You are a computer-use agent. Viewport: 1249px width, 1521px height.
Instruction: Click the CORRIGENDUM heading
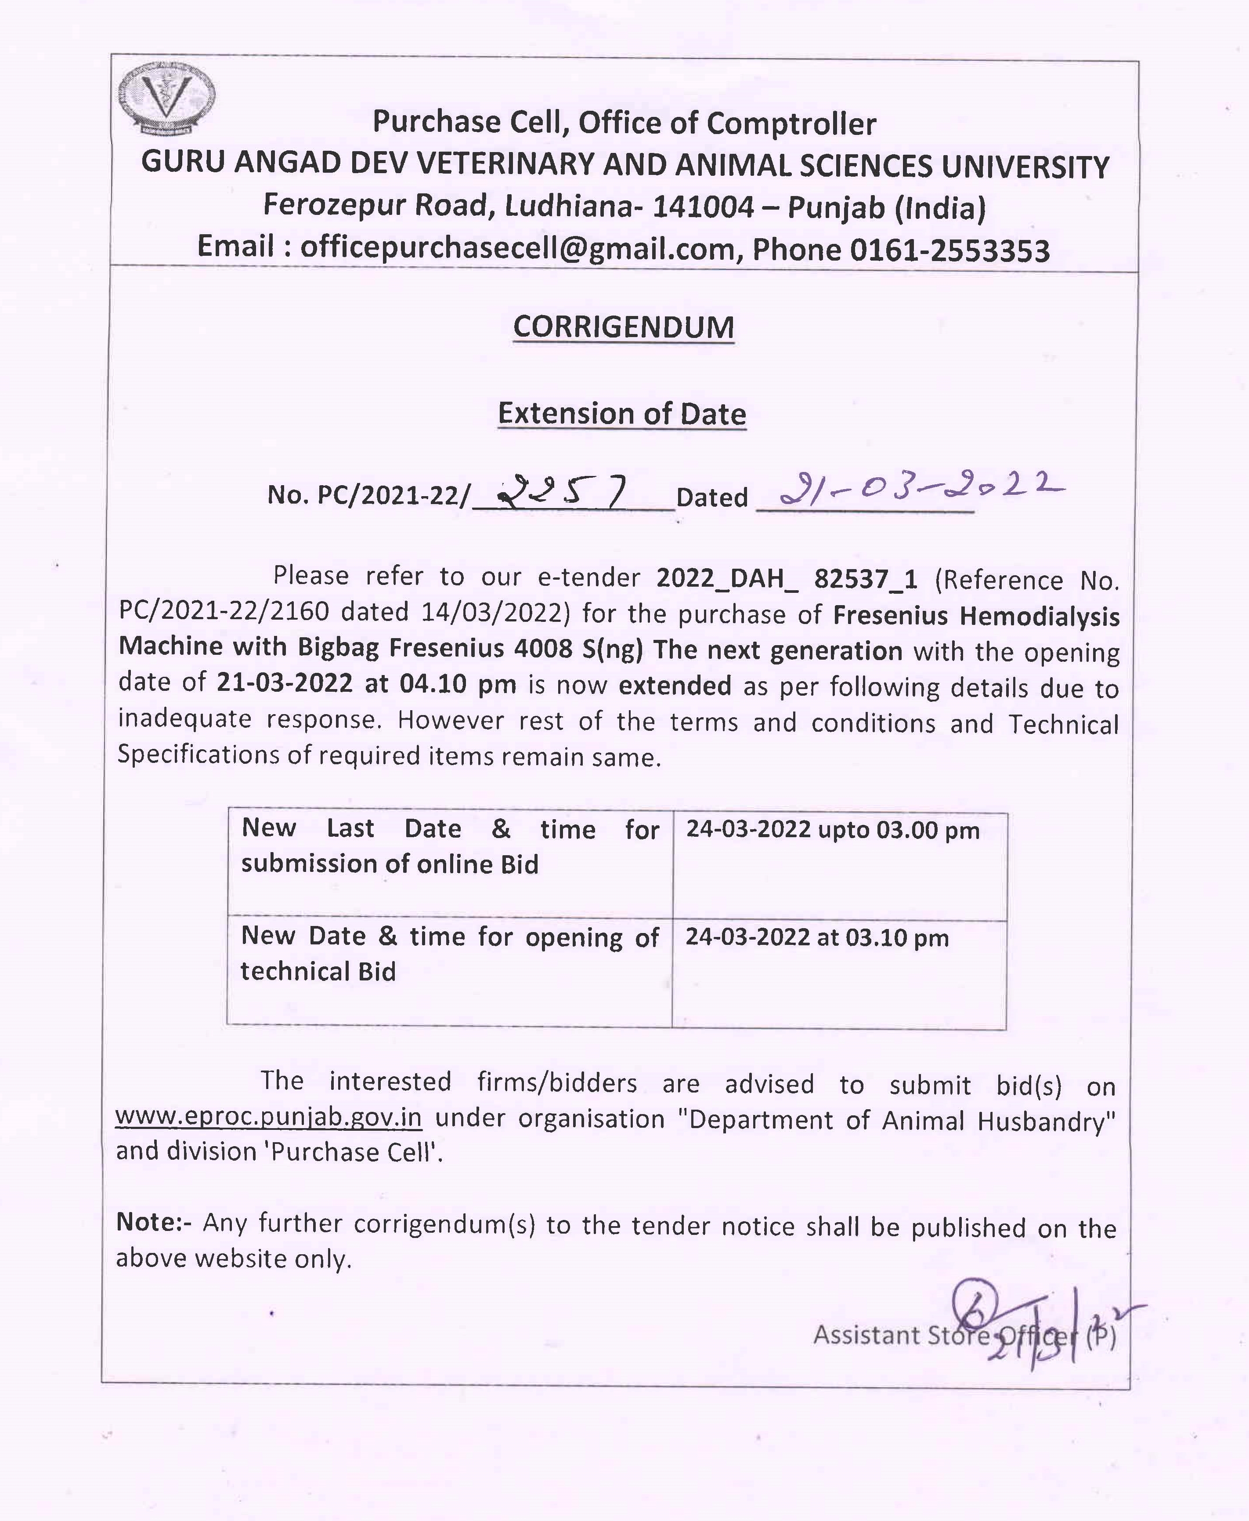[x=623, y=327]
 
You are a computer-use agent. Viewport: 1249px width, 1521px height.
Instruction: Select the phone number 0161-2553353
[x=949, y=250]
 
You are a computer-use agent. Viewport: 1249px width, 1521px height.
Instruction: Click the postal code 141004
[x=703, y=207]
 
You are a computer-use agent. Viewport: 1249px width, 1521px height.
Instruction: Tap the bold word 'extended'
[x=675, y=685]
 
